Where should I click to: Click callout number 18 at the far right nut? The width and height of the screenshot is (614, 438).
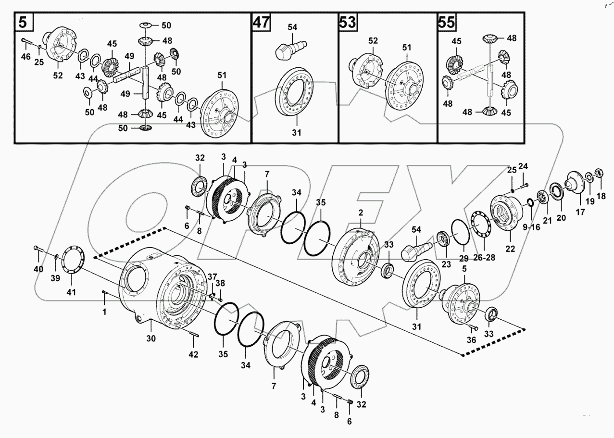[x=601, y=197]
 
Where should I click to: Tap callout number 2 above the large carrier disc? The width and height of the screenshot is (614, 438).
[x=360, y=212]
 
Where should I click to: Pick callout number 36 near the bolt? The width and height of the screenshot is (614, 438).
[x=471, y=339]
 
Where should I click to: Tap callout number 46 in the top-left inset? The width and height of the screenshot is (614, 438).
[x=26, y=57]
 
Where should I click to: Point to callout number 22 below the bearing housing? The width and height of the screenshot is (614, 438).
[x=510, y=249]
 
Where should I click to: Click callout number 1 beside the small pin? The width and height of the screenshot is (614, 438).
[x=105, y=312]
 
